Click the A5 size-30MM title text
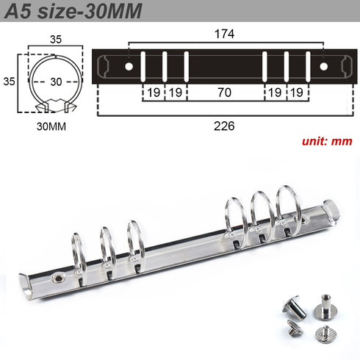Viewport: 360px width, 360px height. click(x=73, y=11)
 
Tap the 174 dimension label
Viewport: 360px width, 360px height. click(x=226, y=33)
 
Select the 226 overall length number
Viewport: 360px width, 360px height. click(x=225, y=126)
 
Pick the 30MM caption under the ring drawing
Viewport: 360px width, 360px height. click(x=50, y=125)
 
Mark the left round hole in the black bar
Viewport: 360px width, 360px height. click(x=129, y=67)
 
